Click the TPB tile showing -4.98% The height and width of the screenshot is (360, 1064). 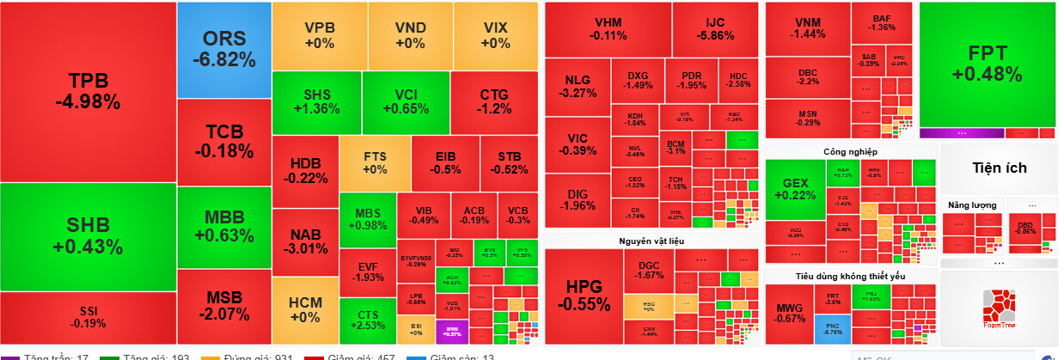[x=88, y=91]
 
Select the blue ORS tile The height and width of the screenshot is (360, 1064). [x=223, y=49]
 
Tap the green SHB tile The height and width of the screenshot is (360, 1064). [x=88, y=236]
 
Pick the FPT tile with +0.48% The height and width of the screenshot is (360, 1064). [x=987, y=64]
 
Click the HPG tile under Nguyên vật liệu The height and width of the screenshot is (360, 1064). [x=584, y=295]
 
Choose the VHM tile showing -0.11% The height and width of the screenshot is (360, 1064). [x=608, y=29]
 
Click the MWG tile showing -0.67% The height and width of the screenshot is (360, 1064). [x=789, y=314]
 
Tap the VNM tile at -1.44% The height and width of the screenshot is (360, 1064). [x=807, y=27]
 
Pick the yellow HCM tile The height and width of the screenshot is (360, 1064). [x=305, y=309]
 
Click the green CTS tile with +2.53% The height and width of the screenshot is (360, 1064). [x=368, y=320]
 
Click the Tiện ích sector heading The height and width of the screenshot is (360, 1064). [x=999, y=168]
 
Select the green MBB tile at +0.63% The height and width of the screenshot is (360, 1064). [x=223, y=226]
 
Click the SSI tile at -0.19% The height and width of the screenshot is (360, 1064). [x=88, y=316]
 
